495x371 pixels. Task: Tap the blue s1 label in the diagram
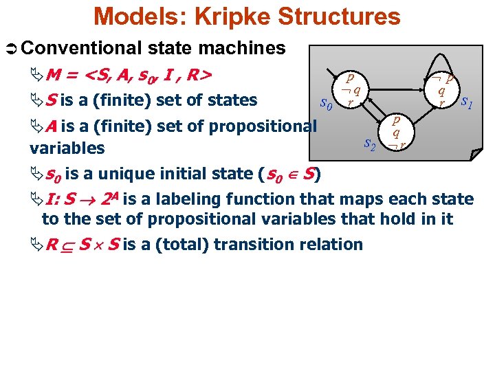click(467, 103)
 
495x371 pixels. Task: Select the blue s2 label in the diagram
click(369, 144)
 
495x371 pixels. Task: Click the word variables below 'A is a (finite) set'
click(67, 148)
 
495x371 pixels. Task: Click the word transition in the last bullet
click(256, 244)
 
